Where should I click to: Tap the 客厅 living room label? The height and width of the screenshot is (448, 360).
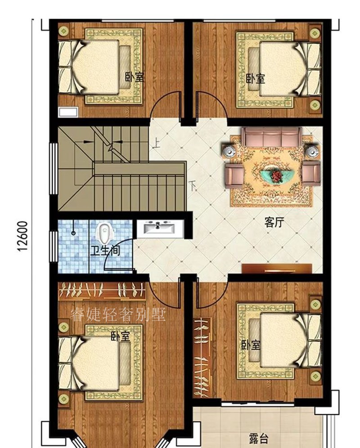pyautogui.click(x=274, y=223)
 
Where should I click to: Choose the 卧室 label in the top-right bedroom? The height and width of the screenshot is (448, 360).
pyautogui.click(x=255, y=79)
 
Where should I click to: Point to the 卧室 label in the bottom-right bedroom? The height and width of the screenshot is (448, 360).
pyautogui.click(x=251, y=345)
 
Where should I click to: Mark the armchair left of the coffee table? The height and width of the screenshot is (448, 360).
pyautogui.click(x=234, y=174)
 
